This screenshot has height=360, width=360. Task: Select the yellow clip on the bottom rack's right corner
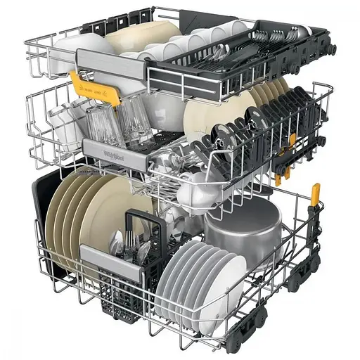point(316,193)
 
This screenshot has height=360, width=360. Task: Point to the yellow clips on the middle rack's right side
point(285,158)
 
